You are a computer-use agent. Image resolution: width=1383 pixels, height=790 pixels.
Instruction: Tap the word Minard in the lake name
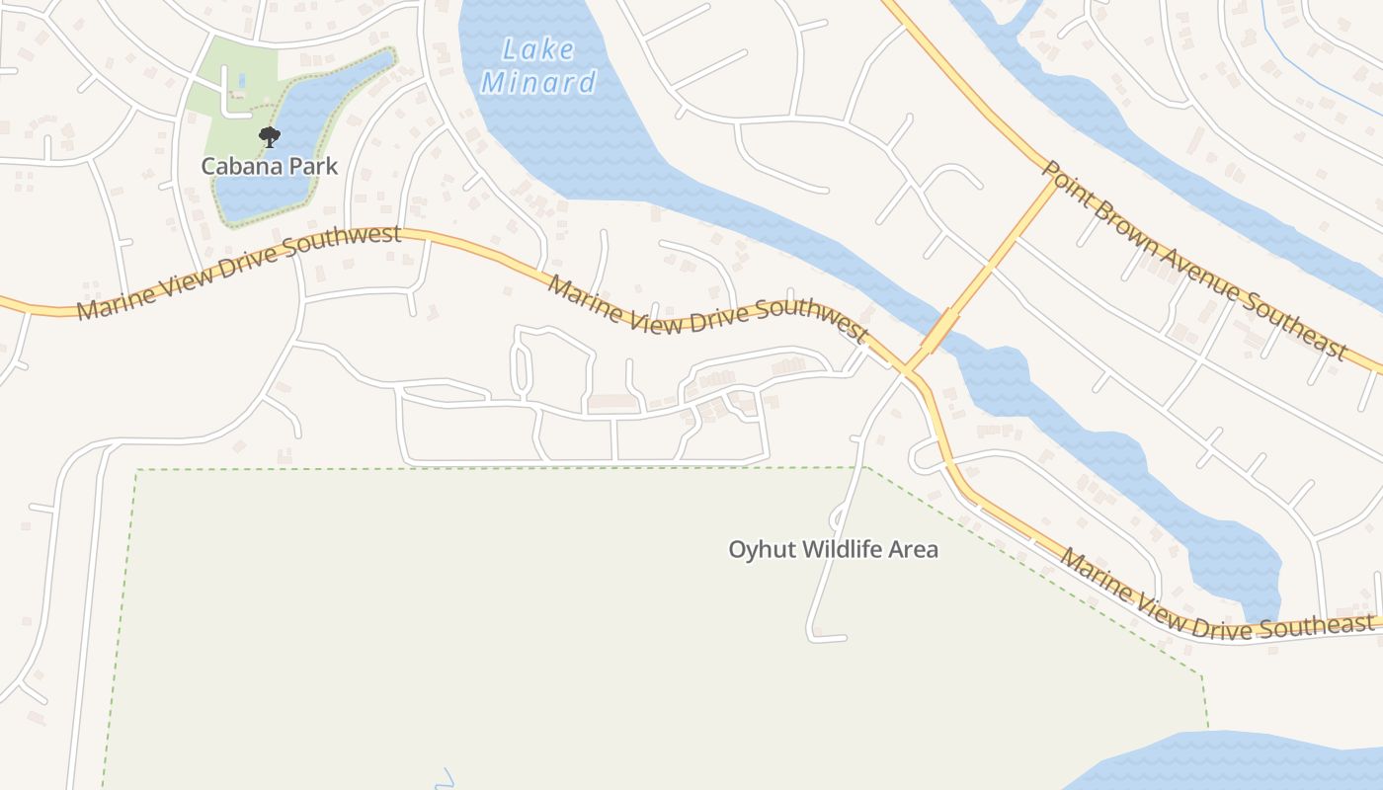coord(538,82)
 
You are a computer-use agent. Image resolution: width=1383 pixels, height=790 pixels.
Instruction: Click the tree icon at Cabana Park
coord(269,137)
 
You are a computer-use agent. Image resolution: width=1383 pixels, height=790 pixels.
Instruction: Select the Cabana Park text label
coord(270,166)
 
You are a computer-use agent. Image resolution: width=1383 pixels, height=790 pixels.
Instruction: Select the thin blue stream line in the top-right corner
coord(1314,69)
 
